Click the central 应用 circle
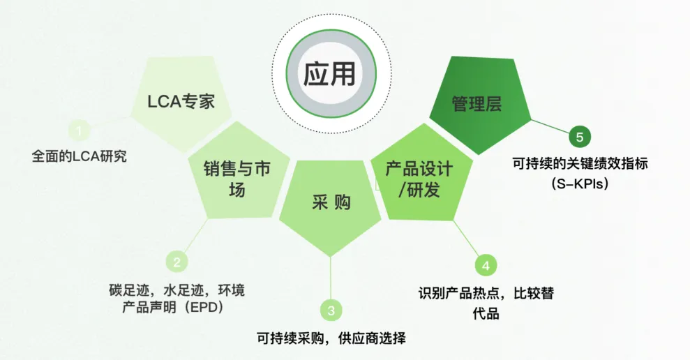(x=331, y=73)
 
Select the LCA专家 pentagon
(x=181, y=103)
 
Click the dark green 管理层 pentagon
(x=480, y=105)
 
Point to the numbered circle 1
(x=80, y=130)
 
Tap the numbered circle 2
(x=177, y=262)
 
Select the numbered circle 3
(x=331, y=310)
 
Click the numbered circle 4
(x=486, y=265)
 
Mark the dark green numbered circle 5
(x=580, y=137)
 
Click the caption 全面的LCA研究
(x=80, y=156)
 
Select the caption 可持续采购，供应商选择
(x=331, y=338)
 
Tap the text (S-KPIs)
(x=580, y=183)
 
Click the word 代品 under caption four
(x=486, y=314)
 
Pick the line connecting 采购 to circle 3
(x=331, y=278)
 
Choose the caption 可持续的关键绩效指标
(x=580, y=164)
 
